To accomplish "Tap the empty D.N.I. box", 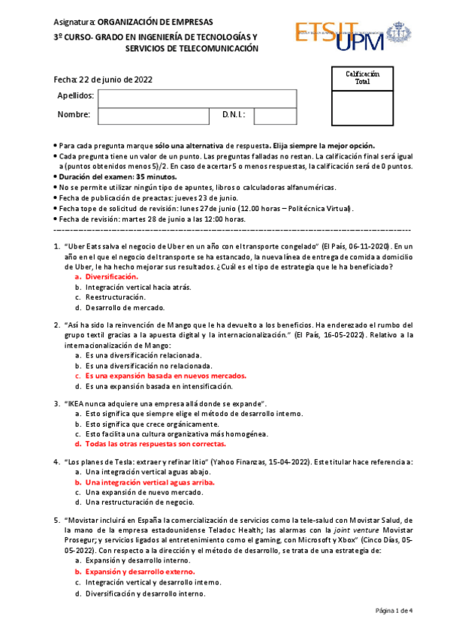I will click(x=275, y=116).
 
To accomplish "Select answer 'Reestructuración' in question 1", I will click(x=114, y=297).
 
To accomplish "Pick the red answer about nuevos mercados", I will click(x=165, y=376).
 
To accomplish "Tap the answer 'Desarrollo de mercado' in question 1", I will click(x=125, y=307).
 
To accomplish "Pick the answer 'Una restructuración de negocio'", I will click(x=139, y=502).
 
